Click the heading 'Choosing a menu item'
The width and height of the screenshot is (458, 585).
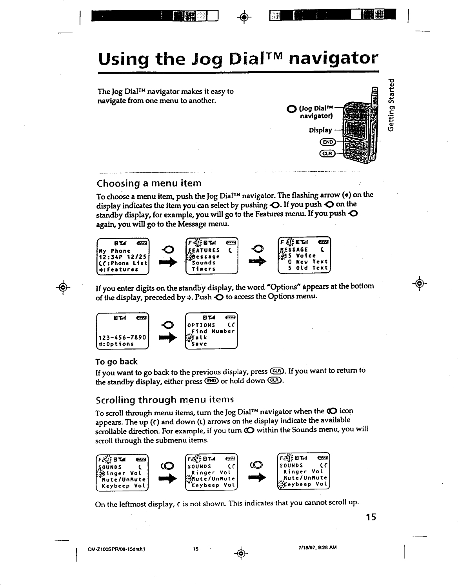(149, 183)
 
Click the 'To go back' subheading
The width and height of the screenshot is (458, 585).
(116, 361)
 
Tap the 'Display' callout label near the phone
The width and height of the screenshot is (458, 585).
(320, 130)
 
